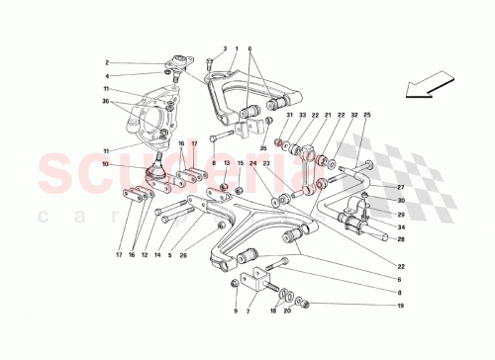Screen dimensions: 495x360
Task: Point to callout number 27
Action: coord(401,187)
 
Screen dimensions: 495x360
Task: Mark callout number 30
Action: coord(401,201)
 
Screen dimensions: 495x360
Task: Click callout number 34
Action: coord(401,226)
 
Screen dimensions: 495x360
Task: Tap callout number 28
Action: coord(401,238)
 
